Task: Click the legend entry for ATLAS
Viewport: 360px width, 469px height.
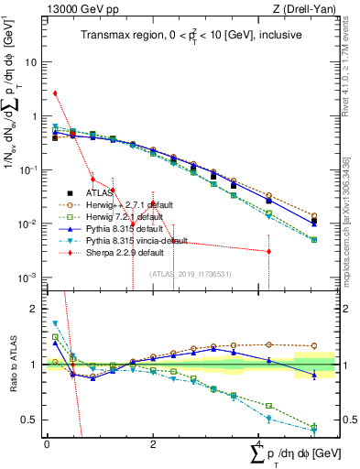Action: click(98, 193)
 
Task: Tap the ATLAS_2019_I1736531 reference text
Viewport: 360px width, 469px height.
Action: click(190, 272)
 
